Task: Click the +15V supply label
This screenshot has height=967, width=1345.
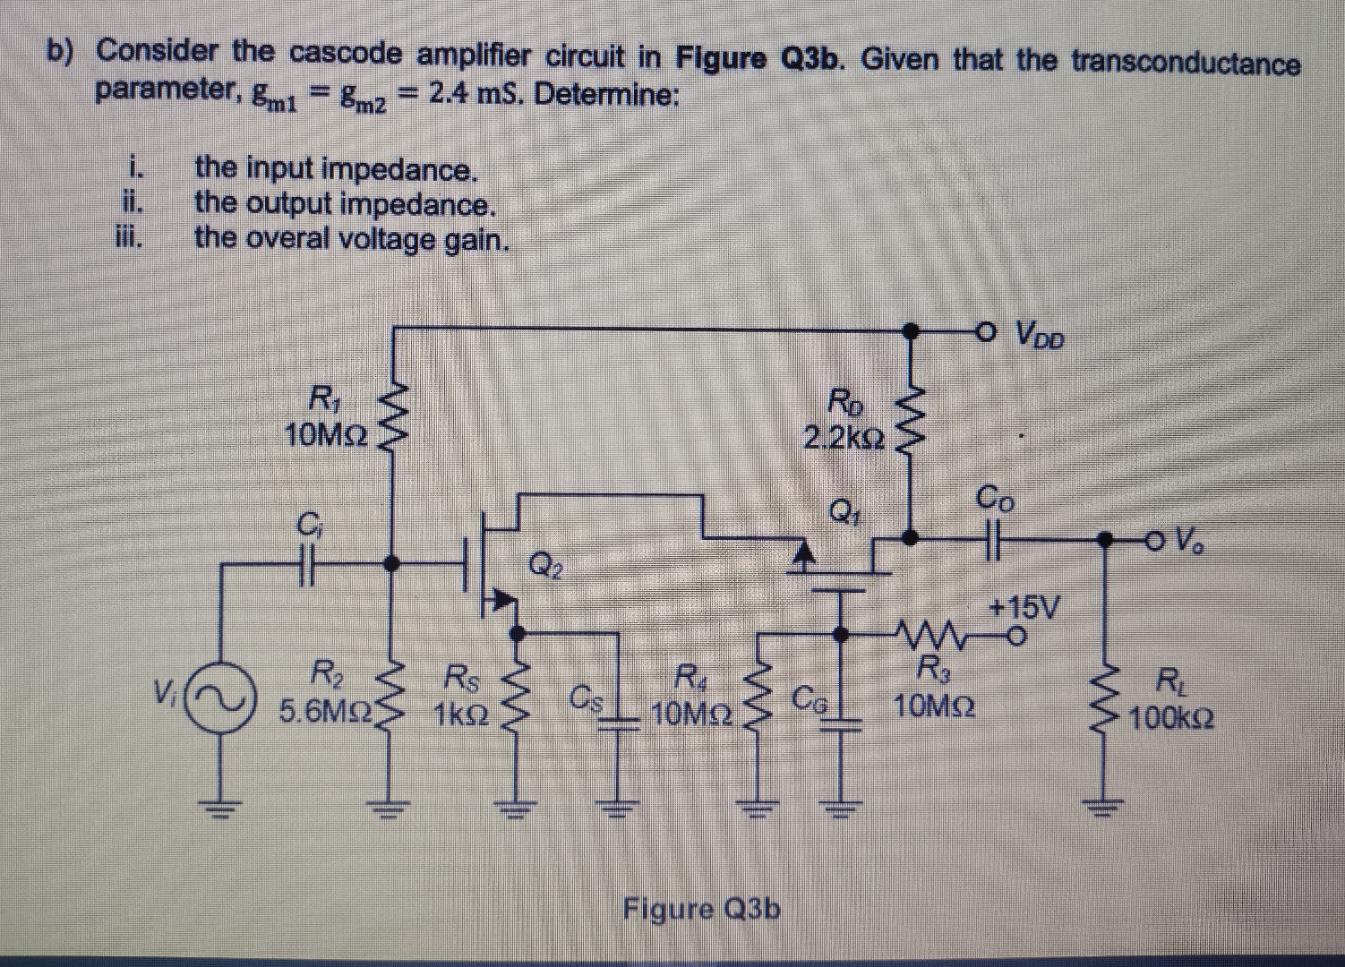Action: click(x=1024, y=608)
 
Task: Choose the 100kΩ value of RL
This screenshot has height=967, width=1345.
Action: click(x=1171, y=718)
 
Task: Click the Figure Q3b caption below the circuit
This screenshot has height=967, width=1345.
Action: click(x=701, y=909)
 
